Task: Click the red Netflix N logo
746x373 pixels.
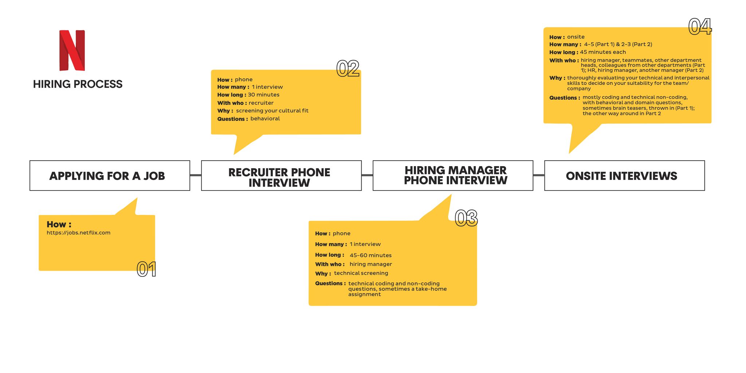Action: click(72, 50)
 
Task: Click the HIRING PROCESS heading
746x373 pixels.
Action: click(78, 84)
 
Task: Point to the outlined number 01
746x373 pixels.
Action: click(146, 270)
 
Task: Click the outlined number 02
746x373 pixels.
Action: click(348, 68)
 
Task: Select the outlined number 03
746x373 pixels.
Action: click(466, 218)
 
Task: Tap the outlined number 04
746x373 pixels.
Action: click(700, 27)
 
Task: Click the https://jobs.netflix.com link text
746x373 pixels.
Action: click(78, 233)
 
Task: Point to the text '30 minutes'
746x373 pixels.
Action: click(264, 95)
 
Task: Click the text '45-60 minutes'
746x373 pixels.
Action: click(370, 255)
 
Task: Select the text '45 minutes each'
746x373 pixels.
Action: click(603, 52)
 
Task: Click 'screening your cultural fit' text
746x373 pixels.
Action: click(272, 111)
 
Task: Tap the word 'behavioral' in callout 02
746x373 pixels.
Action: click(265, 119)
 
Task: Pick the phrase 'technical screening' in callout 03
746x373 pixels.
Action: click(361, 273)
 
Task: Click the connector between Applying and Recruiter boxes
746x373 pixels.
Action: click(196, 175)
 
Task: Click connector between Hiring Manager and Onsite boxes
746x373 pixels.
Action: click(539, 175)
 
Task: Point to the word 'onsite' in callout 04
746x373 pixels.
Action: click(576, 37)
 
